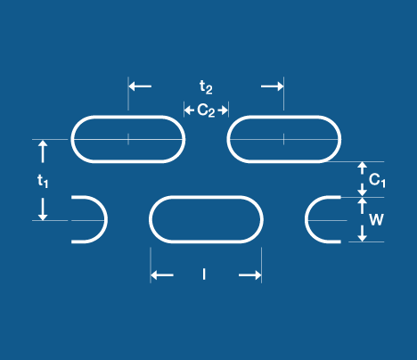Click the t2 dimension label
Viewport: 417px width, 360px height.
[206, 87]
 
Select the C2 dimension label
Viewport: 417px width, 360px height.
[206, 110]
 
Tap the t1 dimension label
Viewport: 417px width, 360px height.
[43, 181]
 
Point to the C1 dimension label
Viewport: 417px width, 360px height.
[377, 180]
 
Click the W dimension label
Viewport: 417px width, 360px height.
[376, 220]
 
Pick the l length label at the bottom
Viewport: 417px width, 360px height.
[204, 274]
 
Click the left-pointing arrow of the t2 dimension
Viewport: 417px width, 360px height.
[140, 86]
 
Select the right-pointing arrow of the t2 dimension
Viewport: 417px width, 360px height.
[273, 86]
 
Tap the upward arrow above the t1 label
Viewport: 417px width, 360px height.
[43, 151]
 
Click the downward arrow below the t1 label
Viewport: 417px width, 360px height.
[43, 209]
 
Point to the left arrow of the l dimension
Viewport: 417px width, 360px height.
[162, 275]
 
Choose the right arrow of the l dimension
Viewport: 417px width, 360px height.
[250, 275]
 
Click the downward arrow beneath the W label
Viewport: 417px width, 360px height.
[362, 233]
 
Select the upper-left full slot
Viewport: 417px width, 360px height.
[128, 117]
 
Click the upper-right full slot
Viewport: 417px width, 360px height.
[284, 117]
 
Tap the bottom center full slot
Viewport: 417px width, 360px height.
[206, 197]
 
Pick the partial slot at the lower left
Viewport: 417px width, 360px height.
[106, 219]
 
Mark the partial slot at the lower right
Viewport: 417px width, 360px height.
[307, 219]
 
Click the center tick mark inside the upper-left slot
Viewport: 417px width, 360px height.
[128, 139]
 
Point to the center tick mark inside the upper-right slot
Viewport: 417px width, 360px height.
[283, 139]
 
